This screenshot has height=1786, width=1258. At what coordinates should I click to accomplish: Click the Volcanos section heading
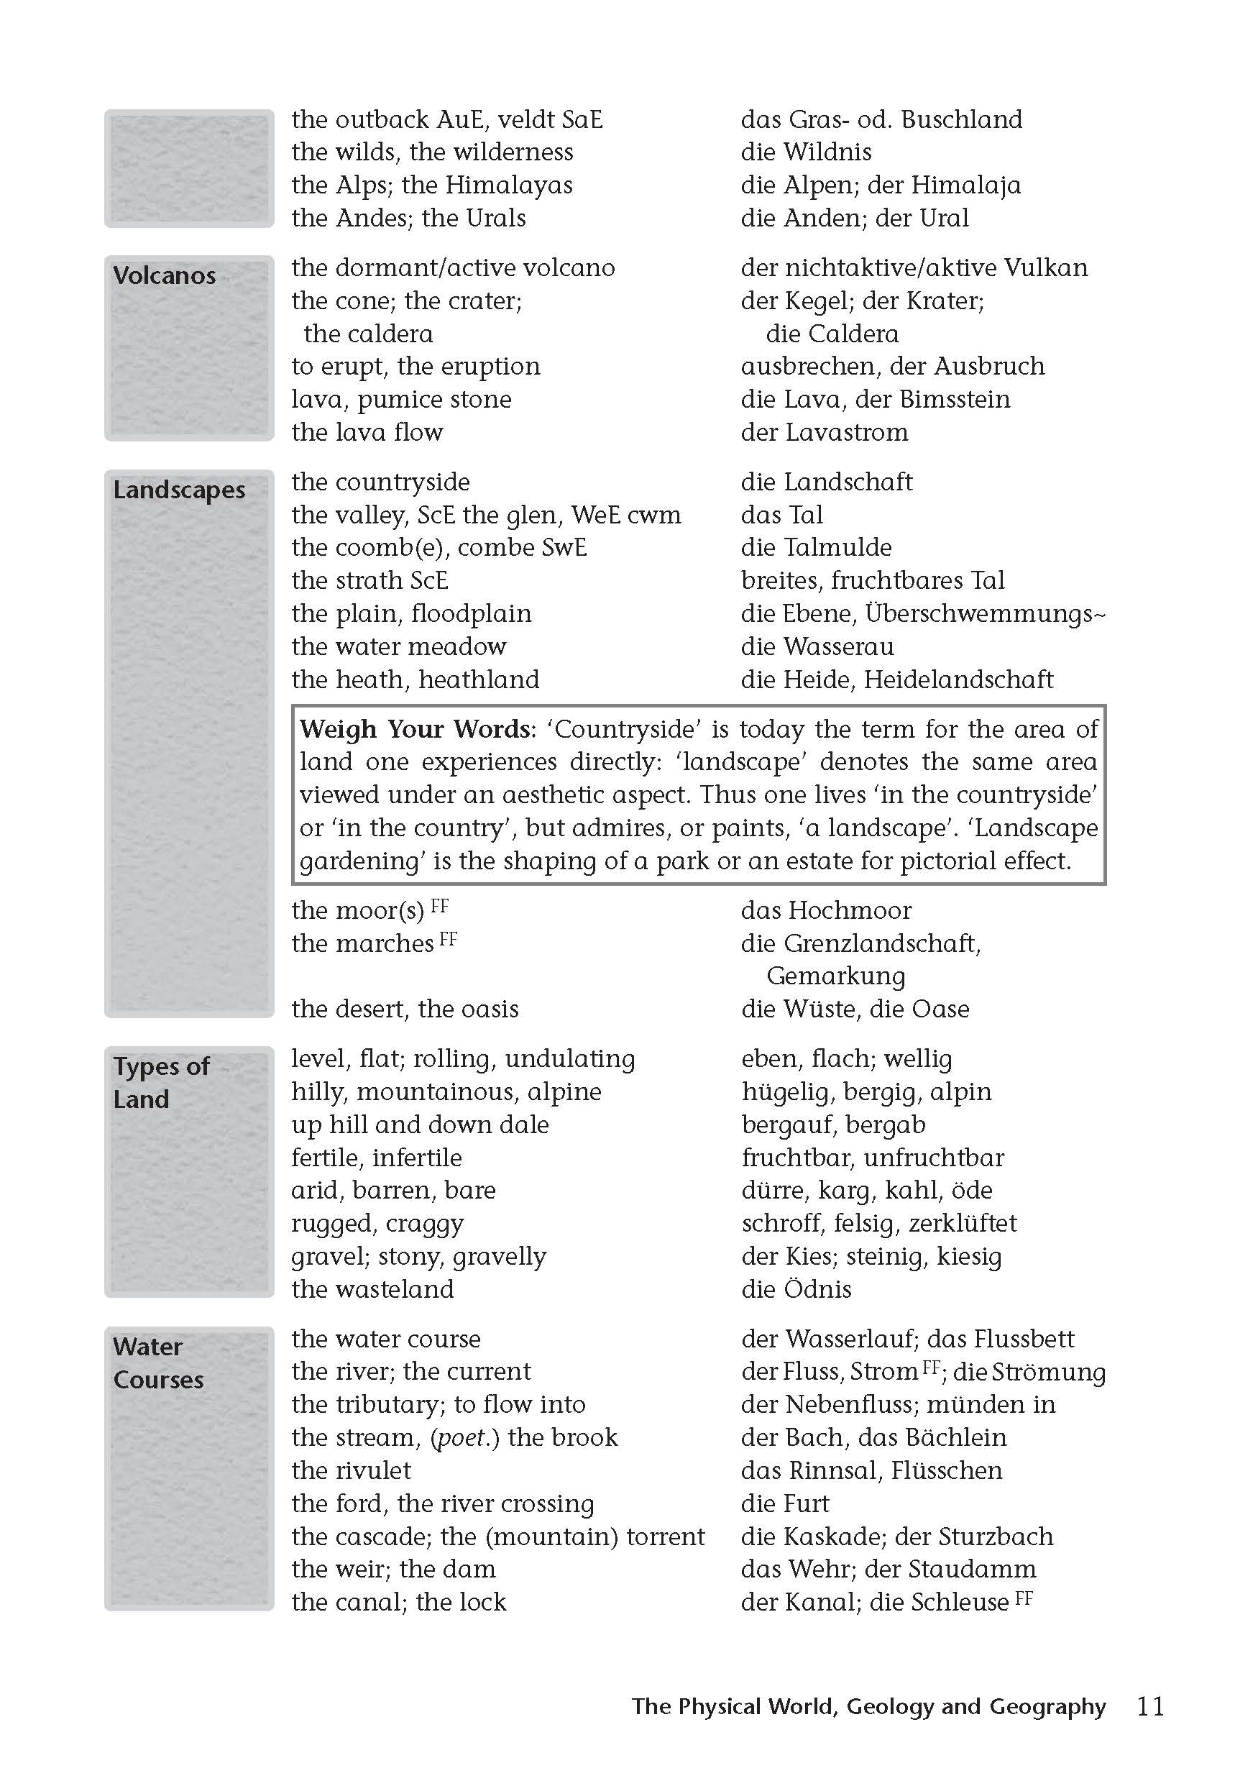pyautogui.click(x=164, y=275)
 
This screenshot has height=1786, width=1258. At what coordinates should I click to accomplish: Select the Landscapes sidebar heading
pyautogui.click(x=179, y=490)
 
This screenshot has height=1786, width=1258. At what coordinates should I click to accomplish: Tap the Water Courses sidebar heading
pyautogui.click(x=158, y=1363)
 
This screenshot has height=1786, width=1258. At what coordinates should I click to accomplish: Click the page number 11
pyautogui.click(x=1150, y=1706)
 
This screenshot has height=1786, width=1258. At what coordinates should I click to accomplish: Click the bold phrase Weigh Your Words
pyautogui.click(x=416, y=729)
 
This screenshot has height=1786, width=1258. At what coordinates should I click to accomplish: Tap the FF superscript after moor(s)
pyautogui.click(x=440, y=906)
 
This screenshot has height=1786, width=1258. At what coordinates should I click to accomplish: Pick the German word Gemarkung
pyautogui.click(x=836, y=976)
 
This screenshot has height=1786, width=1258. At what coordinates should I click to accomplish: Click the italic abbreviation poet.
pyautogui.click(x=464, y=1437)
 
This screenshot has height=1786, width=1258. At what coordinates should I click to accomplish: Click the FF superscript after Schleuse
pyautogui.click(x=1024, y=1598)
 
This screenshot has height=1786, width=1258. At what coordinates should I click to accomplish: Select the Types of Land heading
pyautogui.click(x=161, y=1082)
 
